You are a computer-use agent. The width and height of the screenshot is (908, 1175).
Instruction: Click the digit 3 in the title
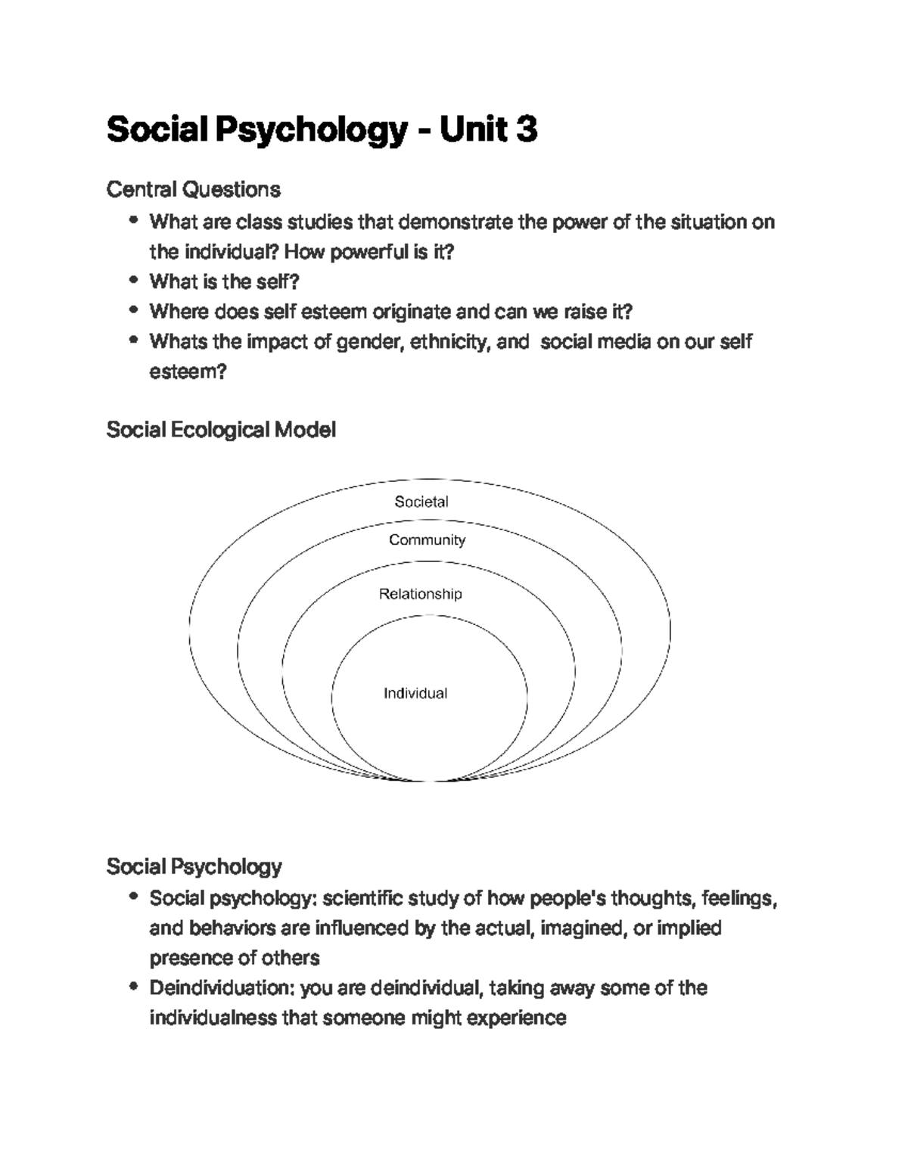coord(527,129)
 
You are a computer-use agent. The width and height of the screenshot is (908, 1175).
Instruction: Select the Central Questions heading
coord(193,189)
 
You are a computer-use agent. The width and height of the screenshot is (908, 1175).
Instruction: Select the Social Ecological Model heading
coord(221,430)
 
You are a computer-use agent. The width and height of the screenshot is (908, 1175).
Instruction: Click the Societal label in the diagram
coord(421,502)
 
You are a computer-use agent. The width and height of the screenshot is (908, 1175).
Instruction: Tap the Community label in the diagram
coord(427,539)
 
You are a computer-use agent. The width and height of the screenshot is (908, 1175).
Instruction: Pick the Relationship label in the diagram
coord(420,594)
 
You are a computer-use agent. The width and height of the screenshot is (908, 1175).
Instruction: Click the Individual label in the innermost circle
coord(415,693)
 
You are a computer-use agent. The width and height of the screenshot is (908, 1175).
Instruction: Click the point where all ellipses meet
coord(431,780)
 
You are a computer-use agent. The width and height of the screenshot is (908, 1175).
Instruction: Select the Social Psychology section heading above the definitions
coord(194,866)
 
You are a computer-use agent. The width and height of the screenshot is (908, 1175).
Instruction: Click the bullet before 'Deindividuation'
coord(134,987)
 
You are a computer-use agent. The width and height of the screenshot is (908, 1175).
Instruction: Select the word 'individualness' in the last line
coord(213,1018)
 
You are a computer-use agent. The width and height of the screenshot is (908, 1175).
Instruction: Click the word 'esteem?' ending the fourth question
coord(188,371)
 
